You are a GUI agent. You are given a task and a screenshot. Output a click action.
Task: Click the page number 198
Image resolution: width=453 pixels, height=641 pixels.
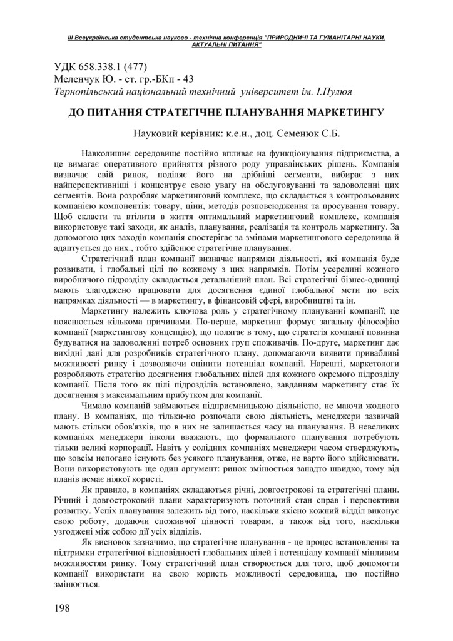61,607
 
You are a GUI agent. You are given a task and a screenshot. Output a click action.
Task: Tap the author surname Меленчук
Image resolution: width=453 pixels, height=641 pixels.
78,79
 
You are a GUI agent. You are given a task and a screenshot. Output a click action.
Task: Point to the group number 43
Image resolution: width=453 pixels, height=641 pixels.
187,79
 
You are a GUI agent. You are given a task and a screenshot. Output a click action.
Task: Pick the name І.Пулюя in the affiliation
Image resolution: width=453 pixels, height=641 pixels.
331,91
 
